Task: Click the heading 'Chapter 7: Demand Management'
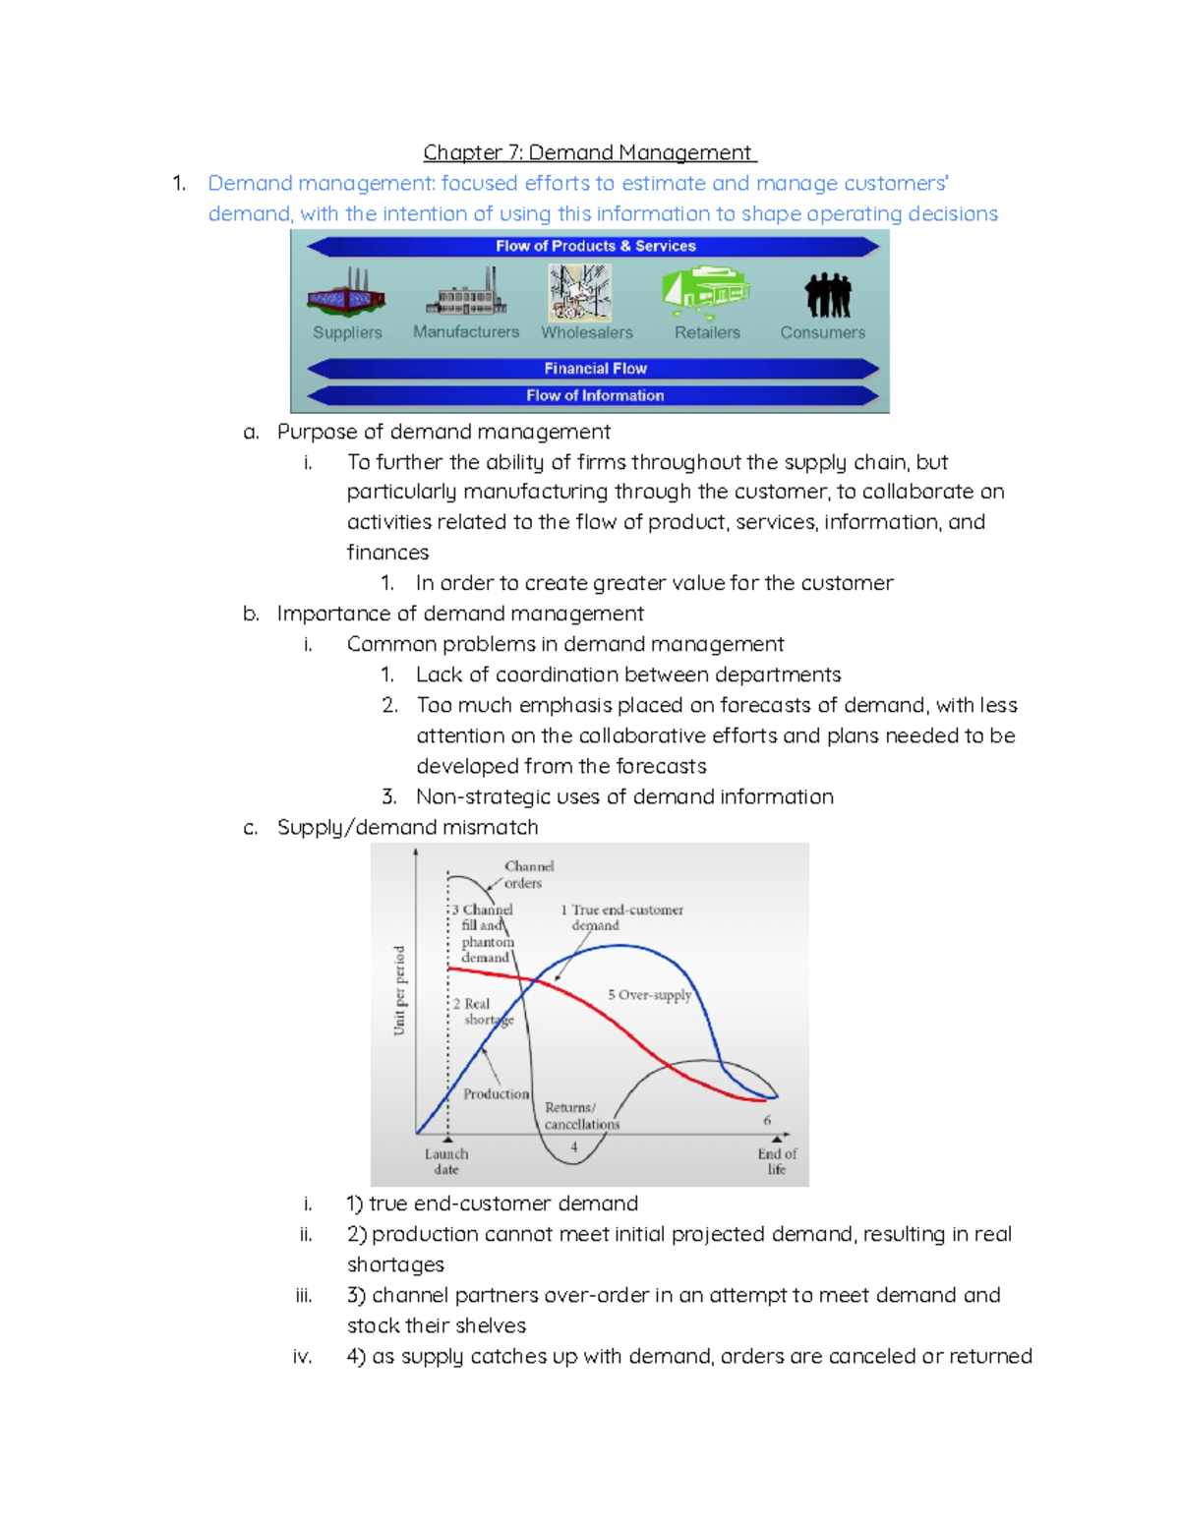[x=589, y=152]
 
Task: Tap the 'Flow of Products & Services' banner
[x=595, y=246]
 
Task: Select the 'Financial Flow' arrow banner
[x=595, y=369]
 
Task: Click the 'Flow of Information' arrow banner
[x=595, y=395]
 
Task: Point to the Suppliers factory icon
[x=346, y=293]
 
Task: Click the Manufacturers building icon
[x=466, y=293]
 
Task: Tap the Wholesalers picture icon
[x=580, y=293]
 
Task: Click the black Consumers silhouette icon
[x=827, y=295]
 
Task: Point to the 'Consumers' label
[x=822, y=332]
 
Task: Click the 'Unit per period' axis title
[x=399, y=990]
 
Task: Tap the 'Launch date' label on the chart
[x=446, y=1161]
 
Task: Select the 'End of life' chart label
[x=777, y=1161]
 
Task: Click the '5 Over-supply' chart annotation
[x=649, y=995]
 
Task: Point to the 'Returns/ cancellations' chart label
[x=581, y=1116]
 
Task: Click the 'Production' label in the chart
[x=496, y=1093]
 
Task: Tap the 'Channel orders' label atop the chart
[x=528, y=874]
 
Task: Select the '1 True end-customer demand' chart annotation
[x=621, y=917]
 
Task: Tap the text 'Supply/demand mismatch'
[x=407, y=827]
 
